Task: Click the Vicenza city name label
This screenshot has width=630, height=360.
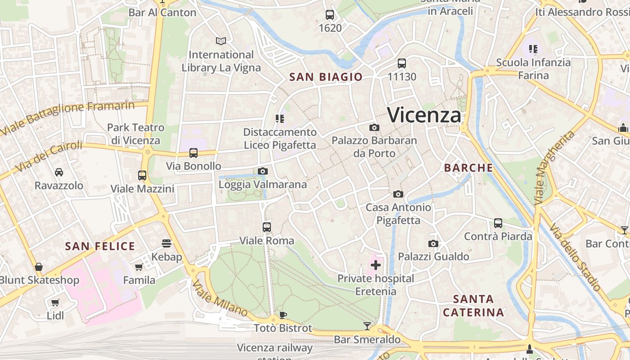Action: tap(424, 115)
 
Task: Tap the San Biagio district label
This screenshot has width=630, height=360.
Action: tap(326, 77)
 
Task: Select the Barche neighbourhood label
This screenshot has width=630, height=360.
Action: tap(468, 168)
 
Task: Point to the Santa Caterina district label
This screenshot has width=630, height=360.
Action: tap(473, 306)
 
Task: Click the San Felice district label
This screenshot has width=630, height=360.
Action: tap(100, 246)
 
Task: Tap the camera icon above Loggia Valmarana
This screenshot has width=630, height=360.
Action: tap(263, 171)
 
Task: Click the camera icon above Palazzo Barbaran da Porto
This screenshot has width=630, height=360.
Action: tap(374, 128)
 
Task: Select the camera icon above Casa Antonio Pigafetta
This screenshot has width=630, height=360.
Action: tap(398, 194)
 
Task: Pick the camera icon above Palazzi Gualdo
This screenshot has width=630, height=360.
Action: tap(433, 244)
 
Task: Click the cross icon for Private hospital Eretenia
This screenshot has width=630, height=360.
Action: tap(375, 265)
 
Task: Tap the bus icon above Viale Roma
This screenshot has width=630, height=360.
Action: tap(267, 227)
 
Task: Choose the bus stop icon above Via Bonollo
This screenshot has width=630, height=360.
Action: tap(193, 153)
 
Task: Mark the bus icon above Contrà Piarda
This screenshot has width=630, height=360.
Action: tap(498, 223)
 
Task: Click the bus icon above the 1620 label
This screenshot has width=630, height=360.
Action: tap(330, 15)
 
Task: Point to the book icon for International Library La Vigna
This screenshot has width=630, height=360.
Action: tap(220, 41)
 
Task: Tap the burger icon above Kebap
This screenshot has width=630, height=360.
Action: tap(166, 243)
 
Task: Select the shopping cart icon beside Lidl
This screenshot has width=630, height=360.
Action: tap(55, 303)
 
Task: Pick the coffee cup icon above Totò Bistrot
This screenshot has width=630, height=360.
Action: tap(283, 315)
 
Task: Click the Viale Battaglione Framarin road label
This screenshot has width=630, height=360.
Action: tap(67, 118)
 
